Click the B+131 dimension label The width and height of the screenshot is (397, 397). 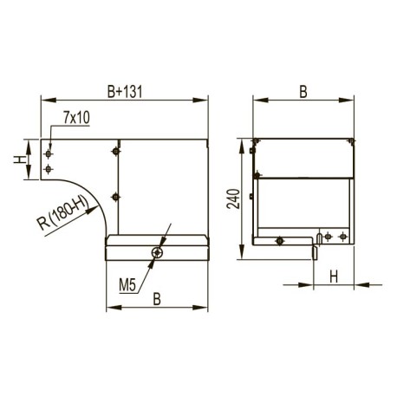point(125,92)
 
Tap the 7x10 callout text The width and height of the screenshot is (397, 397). point(76,118)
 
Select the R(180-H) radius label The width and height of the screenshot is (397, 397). point(62,213)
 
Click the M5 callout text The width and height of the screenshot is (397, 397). point(127,285)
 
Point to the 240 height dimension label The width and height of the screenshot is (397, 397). point(233,198)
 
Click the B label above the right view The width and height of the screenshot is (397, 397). point(303,92)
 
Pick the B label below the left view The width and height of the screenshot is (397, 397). point(157,299)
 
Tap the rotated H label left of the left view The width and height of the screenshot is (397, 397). point(20,159)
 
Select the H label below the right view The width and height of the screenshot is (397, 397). point(334,277)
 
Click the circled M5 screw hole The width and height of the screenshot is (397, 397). point(157,252)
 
